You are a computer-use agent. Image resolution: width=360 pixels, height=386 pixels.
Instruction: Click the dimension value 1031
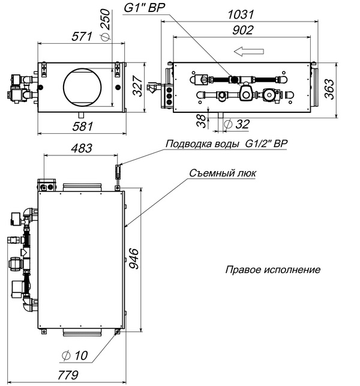coord(241,14)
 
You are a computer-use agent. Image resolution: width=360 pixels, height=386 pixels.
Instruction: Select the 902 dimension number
coord(242,30)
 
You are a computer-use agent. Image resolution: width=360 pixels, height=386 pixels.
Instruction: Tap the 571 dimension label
coord(82,37)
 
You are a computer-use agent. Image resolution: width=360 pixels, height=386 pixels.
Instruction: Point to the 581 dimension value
coord(83,126)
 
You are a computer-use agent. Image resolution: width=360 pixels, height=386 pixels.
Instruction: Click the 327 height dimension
coord(137,86)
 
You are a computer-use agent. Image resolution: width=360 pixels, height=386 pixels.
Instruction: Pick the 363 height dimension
coord(329,89)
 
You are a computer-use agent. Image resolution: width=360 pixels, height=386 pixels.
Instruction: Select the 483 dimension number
coord(82,148)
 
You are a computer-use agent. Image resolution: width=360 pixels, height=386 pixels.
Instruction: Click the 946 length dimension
coord(134,259)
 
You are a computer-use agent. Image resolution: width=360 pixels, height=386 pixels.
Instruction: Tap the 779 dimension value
coord(68,375)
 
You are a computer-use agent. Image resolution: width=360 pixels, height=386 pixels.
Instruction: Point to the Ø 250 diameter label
coord(106,24)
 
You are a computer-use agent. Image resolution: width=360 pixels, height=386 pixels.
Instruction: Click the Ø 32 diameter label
coord(237,124)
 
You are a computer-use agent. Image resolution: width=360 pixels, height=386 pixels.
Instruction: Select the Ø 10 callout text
coord(74,355)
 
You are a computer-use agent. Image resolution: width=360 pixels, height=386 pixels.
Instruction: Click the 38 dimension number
coord(202,121)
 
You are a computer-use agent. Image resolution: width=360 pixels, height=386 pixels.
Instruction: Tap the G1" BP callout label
coord(144,8)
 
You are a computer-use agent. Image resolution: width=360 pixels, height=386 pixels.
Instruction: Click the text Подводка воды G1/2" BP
coord(226,143)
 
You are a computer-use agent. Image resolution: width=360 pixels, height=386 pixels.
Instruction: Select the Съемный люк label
coord(223,173)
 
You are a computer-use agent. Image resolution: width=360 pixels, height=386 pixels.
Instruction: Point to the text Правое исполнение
coord(273,270)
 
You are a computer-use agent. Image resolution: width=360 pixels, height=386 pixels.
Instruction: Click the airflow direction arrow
coord(249,52)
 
